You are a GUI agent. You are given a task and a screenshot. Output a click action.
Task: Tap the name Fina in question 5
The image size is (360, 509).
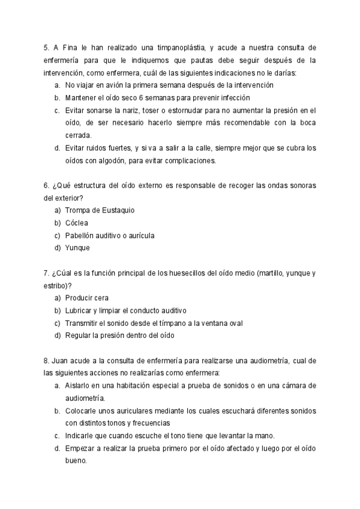click(76, 47)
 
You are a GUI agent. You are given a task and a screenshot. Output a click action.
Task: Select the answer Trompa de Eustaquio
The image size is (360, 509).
click(100, 210)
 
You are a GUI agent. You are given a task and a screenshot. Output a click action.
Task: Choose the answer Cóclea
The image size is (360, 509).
click(77, 223)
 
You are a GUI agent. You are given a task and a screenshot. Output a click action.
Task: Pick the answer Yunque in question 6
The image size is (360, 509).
click(77, 248)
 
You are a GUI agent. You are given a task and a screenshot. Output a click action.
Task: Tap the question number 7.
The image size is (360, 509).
click(46, 273)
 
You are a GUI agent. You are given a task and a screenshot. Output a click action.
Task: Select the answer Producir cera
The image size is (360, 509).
click(87, 298)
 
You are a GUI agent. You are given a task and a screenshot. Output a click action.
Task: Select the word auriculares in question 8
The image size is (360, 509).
click(133, 411)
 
